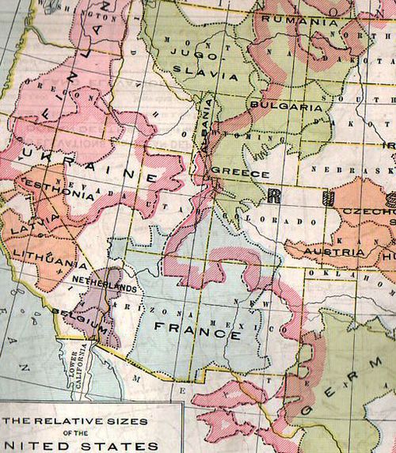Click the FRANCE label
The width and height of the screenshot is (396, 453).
point(191,327)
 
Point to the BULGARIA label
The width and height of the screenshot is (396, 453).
point(284,106)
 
